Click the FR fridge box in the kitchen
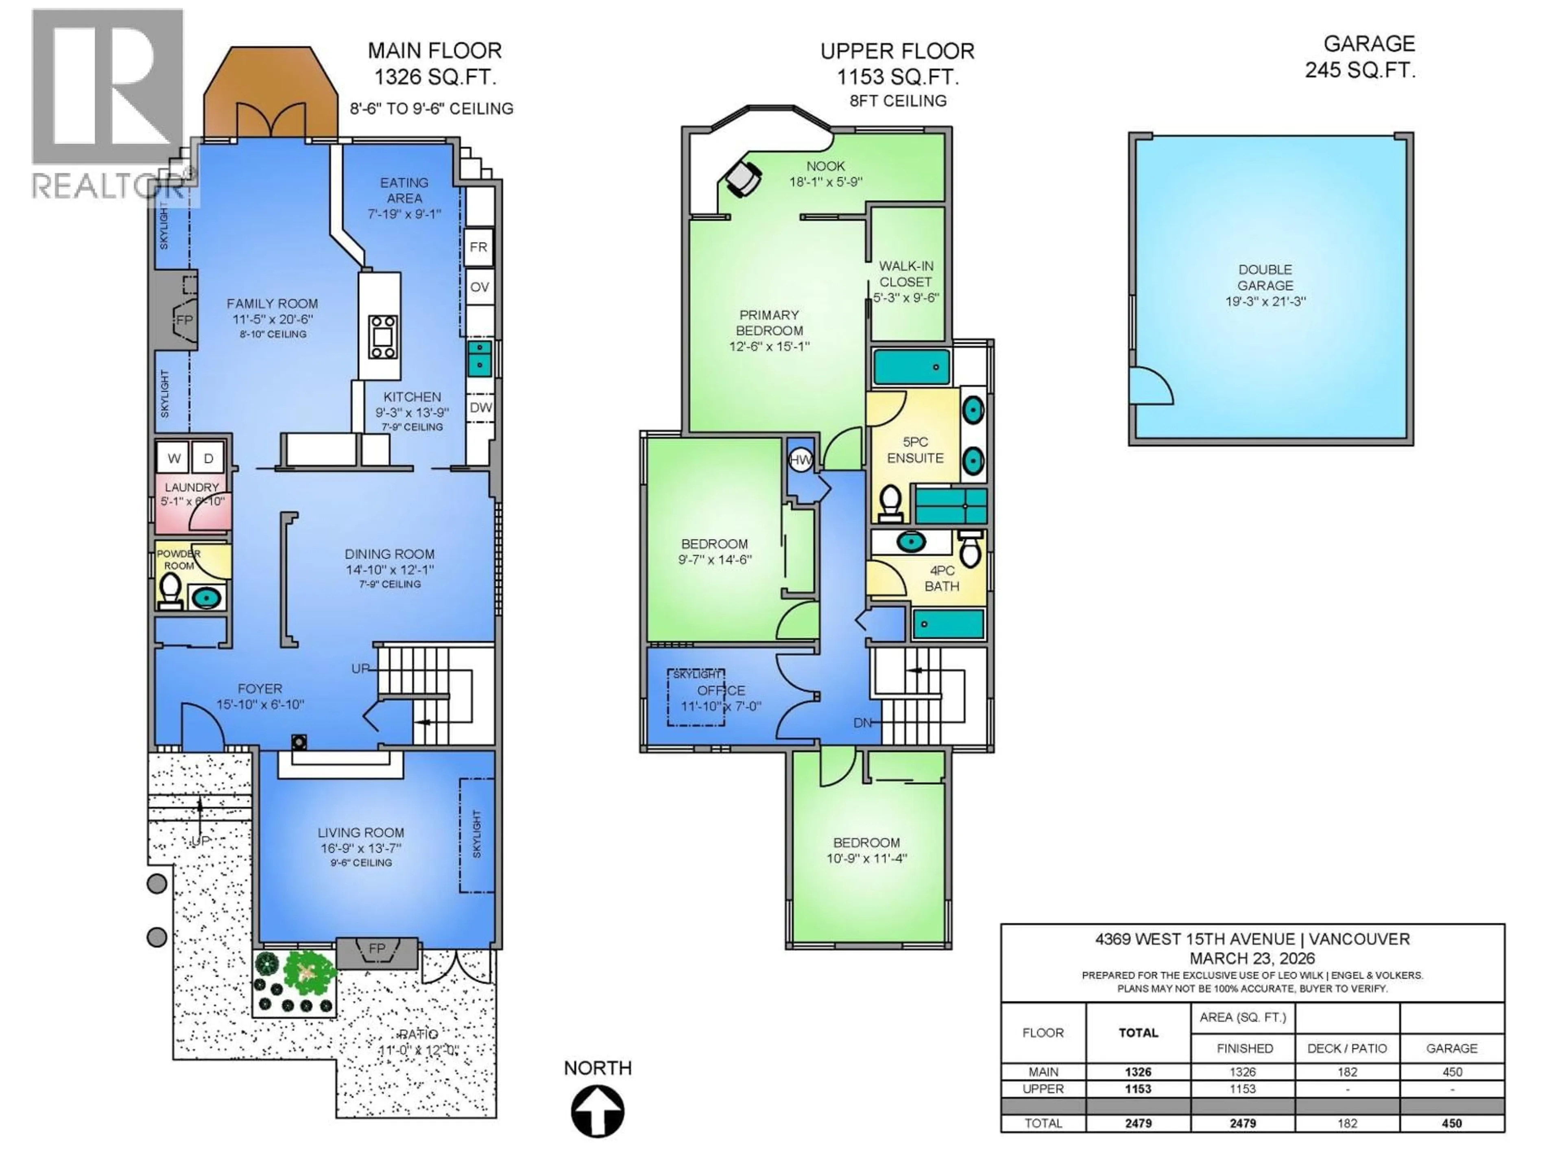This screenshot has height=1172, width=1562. coord(479,247)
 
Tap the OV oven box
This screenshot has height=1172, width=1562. coord(480,287)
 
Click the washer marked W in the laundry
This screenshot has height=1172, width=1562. coord(174,459)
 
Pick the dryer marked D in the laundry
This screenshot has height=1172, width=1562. coord(208,459)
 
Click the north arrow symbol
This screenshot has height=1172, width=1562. coord(598,1111)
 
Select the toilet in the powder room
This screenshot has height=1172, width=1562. coord(170,590)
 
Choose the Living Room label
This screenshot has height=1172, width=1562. coord(361,833)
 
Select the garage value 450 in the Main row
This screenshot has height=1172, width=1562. coord(1452,1071)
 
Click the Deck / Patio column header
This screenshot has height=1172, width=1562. coord(1347,1048)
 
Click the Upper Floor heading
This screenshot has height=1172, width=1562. coord(897,52)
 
